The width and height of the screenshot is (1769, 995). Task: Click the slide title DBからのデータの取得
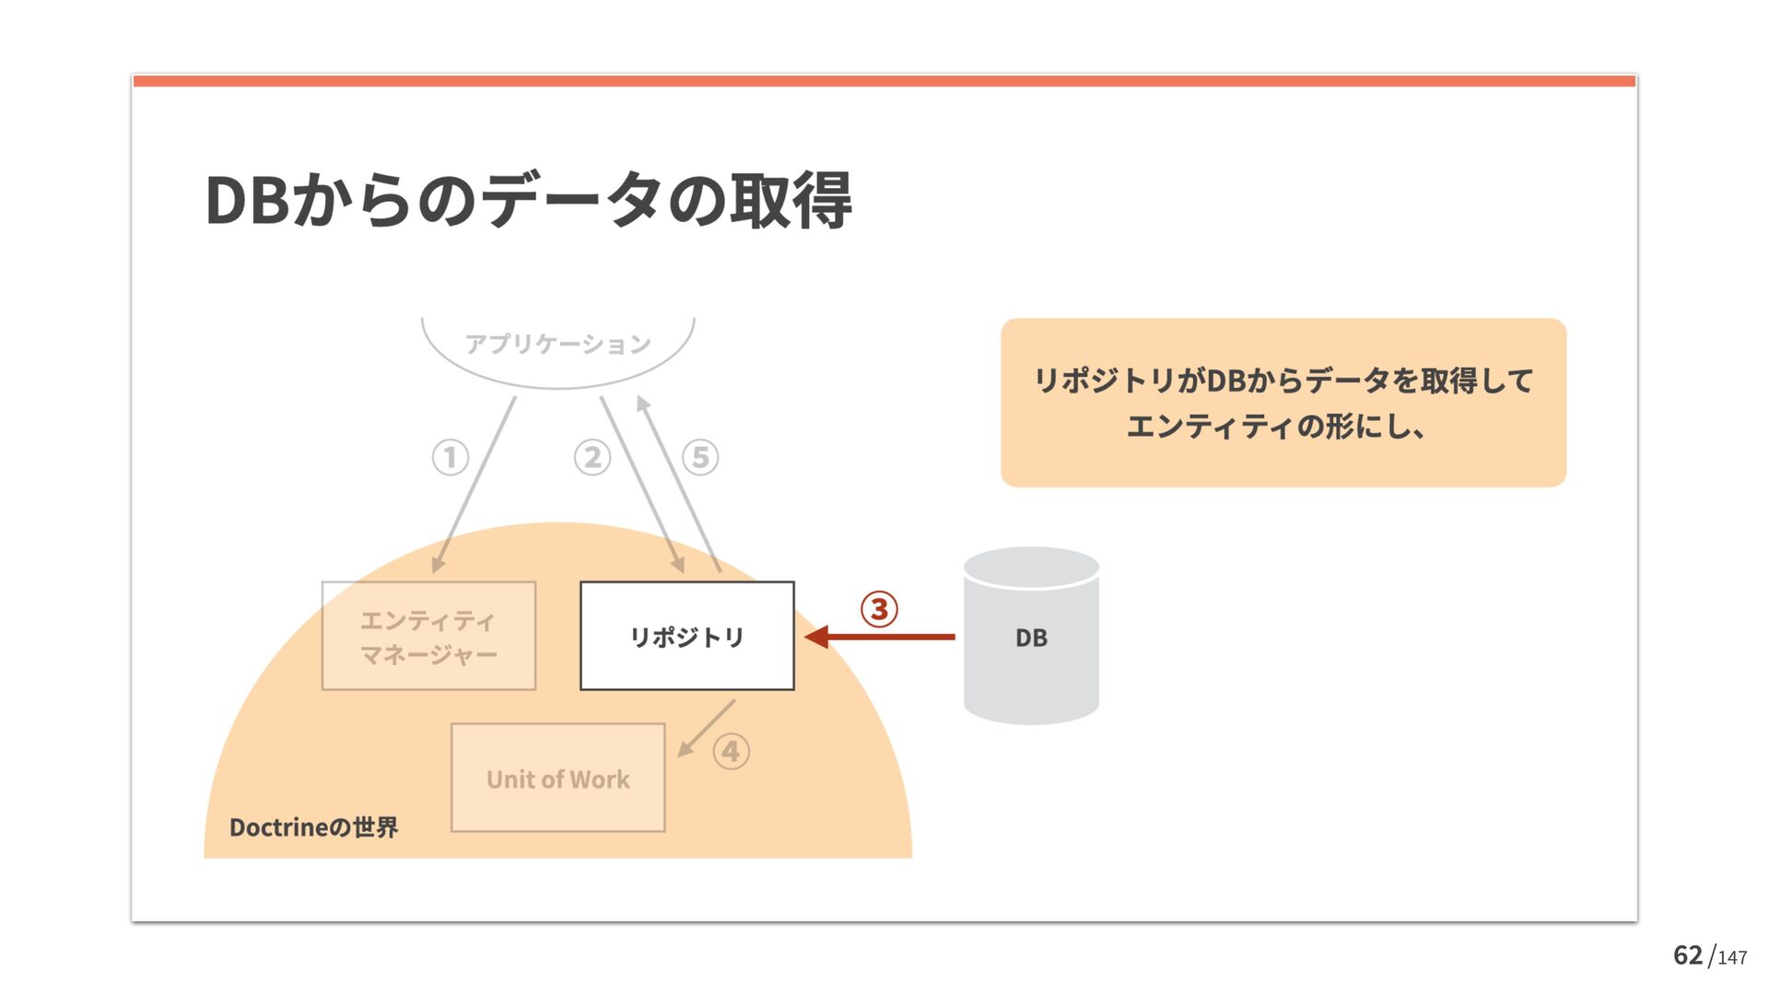click(528, 200)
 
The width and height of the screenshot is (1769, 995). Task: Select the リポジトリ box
click(686, 636)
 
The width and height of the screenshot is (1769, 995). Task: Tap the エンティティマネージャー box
click(428, 636)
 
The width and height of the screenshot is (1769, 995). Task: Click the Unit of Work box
click(557, 778)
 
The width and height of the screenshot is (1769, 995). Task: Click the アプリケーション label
click(557, 345)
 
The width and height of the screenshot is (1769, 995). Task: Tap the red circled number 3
click(879, 609)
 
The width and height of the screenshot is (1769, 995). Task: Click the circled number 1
click(451, 457)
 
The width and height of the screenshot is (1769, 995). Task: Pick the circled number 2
click(592, 457)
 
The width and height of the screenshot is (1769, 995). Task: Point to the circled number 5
click(700, 457)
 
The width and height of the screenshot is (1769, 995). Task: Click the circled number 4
click(732, 752)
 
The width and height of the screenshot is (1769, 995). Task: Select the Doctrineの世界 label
click(313, 827)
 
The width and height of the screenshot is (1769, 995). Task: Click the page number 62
click(1687, 955)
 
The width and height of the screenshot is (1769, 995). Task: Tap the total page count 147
click(1732, 958)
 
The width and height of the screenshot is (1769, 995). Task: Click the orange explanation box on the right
click(1283, 403)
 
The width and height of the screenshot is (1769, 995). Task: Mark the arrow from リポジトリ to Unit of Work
click(706, 729)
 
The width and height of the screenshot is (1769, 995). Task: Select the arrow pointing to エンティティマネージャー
click(474, 484)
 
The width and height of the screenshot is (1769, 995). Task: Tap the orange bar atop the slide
click(884, 81)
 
